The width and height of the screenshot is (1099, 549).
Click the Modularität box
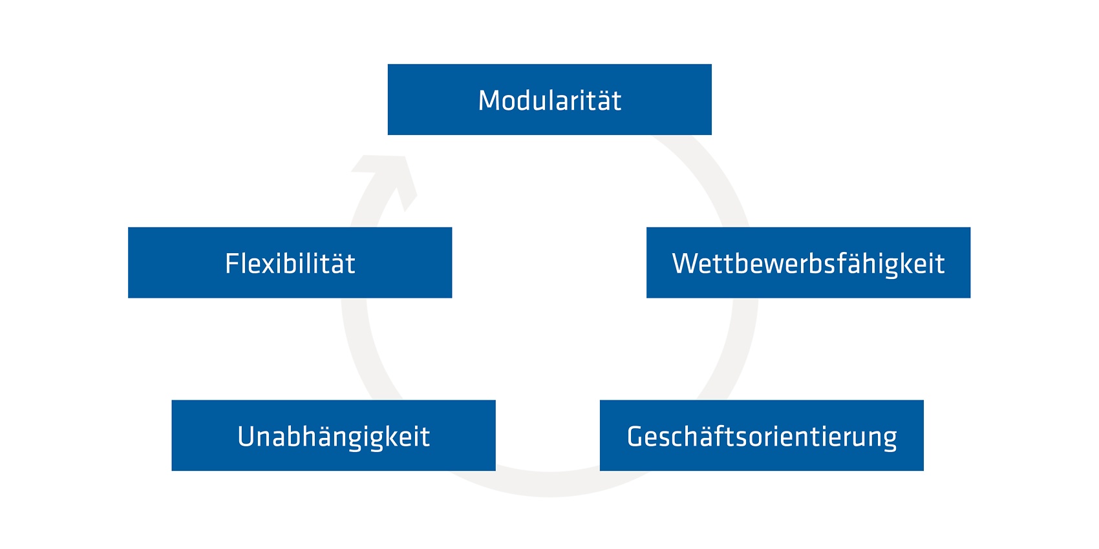549,99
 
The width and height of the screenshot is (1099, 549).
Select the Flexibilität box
290,263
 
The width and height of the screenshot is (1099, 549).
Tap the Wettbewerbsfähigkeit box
809,263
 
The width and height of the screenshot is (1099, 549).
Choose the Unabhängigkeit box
334,435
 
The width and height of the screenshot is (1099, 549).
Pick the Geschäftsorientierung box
762,435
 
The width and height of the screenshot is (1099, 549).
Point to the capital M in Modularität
489,101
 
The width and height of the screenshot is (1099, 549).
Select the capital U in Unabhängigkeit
247,437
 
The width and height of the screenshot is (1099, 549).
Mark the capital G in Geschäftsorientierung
636,437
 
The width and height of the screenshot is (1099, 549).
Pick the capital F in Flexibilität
232,264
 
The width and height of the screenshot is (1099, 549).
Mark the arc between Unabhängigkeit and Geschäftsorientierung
549,483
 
